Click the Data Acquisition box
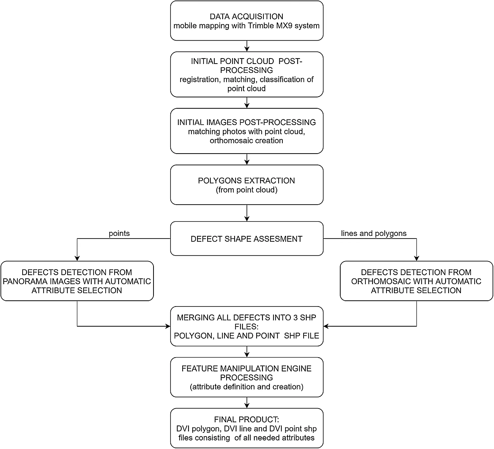(x=247, y=21)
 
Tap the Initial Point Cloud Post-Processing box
(x=247, y=75)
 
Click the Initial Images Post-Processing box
(x=247, y=131)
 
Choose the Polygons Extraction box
(x=247, y=185)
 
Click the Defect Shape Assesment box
(x=247, y=239)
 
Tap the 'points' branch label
(x=119, y=233)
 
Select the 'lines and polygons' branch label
(x=374, y=233)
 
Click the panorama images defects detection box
(x=77, y=281)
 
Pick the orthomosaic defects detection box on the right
(x=416, y=281)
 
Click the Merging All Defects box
(x=247, y=326)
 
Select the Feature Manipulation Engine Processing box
(x=247, y=377)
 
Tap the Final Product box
(x=247, y=428)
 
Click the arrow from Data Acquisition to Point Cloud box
(x=247, y=46)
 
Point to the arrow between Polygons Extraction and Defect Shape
(x=247, y=213)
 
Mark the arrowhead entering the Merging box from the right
(x=326, y=326)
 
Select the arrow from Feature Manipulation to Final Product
(x=247, y=403)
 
